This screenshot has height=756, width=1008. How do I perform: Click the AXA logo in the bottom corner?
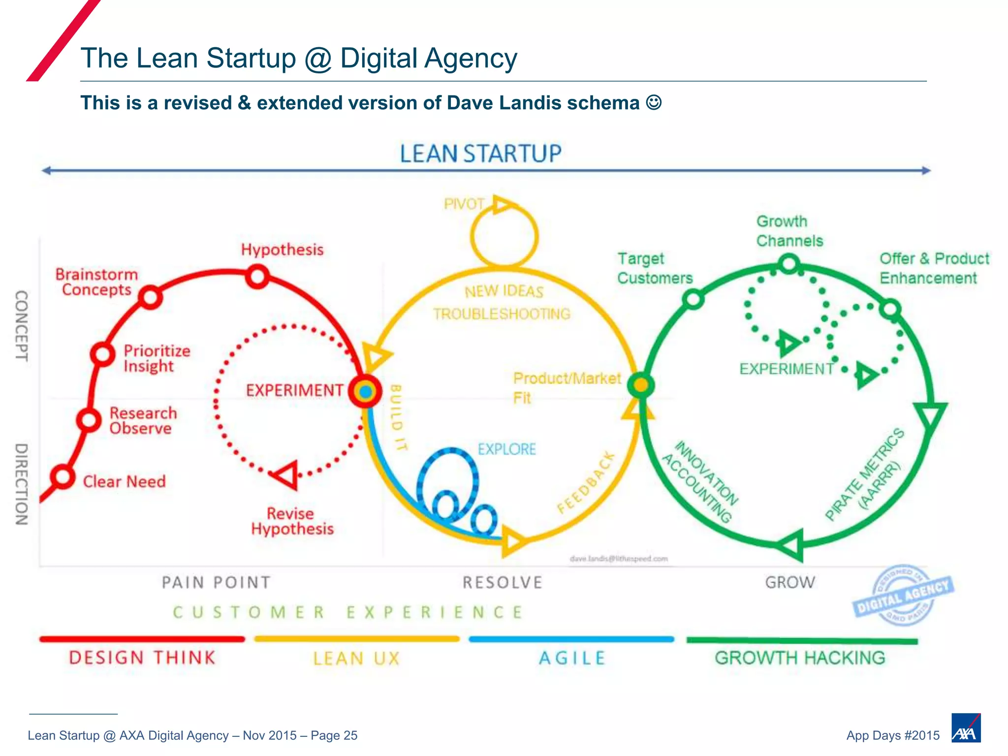[966, 728]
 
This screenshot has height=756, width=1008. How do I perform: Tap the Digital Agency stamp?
[903, 595]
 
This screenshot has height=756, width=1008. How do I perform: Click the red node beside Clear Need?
[63, 476]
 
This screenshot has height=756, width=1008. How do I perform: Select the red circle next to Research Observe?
[89, 420]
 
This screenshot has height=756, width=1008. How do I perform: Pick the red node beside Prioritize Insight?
[102, 354]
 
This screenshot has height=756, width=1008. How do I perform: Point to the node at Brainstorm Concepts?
[150, 297]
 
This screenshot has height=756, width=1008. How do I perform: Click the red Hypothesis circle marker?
[257, 277]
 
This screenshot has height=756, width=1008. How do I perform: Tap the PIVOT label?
[464, 204]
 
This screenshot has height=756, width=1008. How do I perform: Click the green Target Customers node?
[693, 299]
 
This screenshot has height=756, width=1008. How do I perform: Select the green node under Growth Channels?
[788, 263]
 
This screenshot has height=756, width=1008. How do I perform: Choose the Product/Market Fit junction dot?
[640, 384]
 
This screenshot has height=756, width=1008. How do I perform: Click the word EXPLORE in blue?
[506, 449]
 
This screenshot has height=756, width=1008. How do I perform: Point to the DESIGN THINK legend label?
[142, 658]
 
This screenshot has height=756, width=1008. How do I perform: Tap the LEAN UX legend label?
[356, 659]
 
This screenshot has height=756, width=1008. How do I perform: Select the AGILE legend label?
[572, 658]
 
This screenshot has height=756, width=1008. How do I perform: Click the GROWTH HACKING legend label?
[800, 658]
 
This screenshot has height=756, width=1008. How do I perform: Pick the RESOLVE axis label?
[502, 583]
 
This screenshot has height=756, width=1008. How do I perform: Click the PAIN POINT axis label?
[216, 583]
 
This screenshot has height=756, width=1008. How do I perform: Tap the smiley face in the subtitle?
[654, 102]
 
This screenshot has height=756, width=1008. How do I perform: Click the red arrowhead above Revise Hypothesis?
[285, 475]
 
